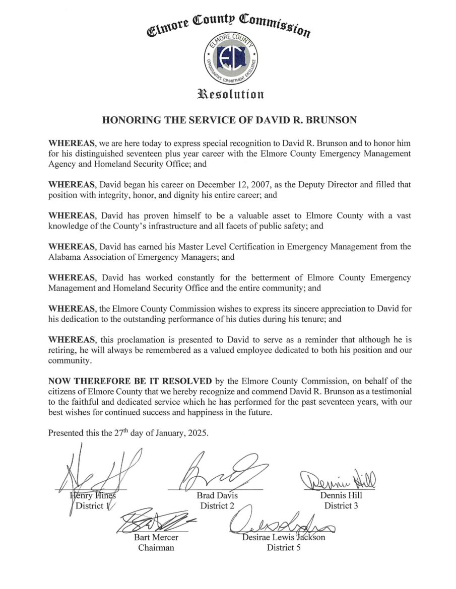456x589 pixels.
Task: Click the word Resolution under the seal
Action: tap(228, 94)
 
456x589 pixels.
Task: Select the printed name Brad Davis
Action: tap(217, 495)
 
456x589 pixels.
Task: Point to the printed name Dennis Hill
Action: tap(341, 495)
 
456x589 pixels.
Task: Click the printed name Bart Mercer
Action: tap(156, 537)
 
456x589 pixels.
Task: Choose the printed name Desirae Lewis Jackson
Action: tap(283, 537)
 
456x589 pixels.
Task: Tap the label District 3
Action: tap(341, 505)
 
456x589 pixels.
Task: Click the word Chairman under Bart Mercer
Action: tap(156, 547)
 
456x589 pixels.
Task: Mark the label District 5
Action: tap(284, 547)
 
